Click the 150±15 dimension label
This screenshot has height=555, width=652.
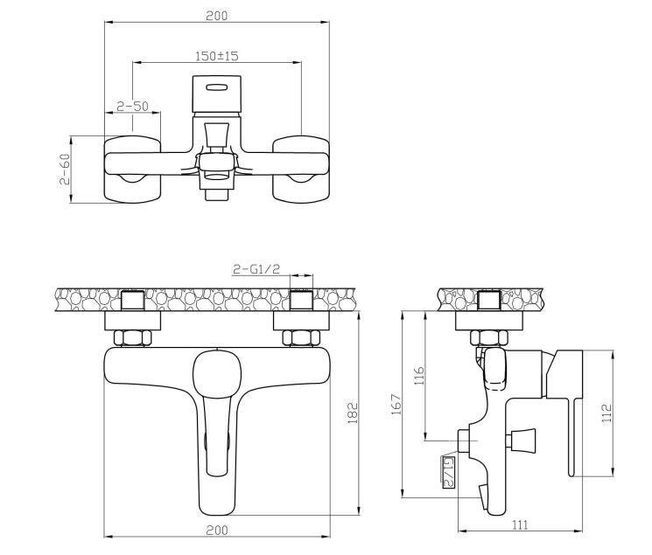click(x=217, y=56)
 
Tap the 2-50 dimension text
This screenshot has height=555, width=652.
click(x=132, y=107)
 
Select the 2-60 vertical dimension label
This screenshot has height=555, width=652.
click(x=65, y=169)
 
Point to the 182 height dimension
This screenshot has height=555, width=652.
click(x=352, y=413)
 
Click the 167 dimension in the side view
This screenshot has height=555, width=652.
click(x=396, y=404)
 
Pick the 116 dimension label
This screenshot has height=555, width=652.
click(x=420, y=376)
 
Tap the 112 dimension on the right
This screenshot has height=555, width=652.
click(x=607, y=413)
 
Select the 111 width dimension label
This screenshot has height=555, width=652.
click(x=520, y=524)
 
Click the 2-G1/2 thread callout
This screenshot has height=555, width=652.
click(x=256, y=269)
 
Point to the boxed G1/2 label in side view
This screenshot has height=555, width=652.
click(x=449, y=471)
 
